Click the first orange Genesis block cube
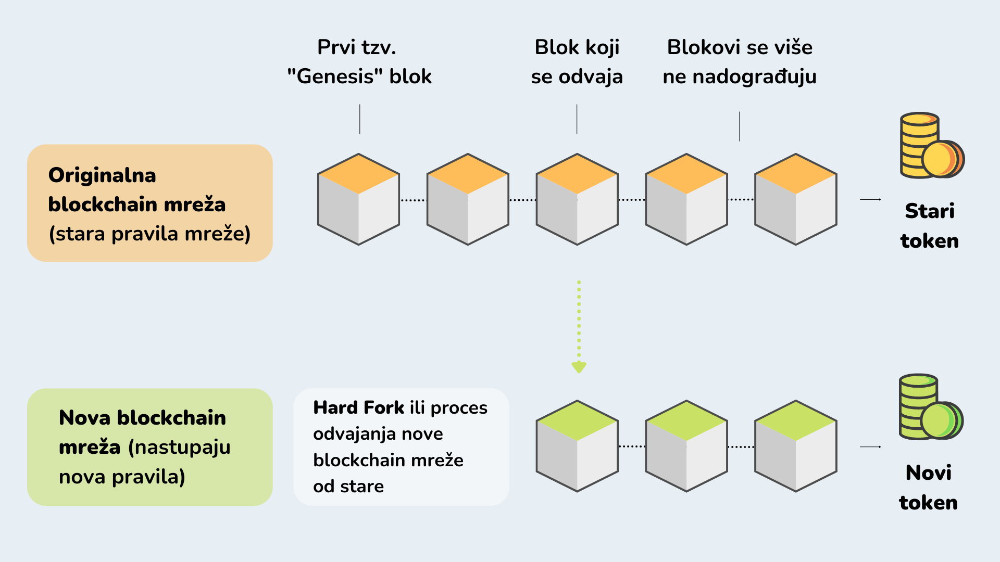pyautogui.click(x=358, y=199)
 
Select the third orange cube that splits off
pyautogui.click(x=577, y=199)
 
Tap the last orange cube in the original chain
pyautogui.click(x=796, y=199)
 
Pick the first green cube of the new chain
pyautogui.click(x=577, y=446)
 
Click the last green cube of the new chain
pyautogui.click(x=796, y=446)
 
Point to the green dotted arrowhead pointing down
pyautogui.click(x=579, y=367)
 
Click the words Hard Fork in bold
pyautogui.click(x=358, y=407)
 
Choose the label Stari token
pyautogui.click(x=930, y=226)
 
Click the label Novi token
pyautogui.click(x=928, y=488)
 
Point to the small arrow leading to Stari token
pyautogui.click(x=870, y=199)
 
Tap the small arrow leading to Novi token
pyautogui.click(x=870, y=446)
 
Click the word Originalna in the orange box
pyautogui.click(x=102, y=175)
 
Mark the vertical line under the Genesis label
pyautogui.click(x=359, y=119)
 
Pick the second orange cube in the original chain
pyautogui.click(x=468, y=199)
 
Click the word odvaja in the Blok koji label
pyautogui.click(x=591, y=77)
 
